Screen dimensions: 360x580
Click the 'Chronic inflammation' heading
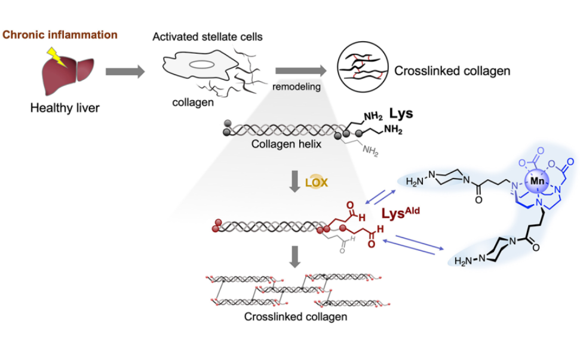pos(60,34)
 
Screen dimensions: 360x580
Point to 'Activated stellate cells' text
pos(207,37)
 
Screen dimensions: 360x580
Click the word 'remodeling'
pos(296,87)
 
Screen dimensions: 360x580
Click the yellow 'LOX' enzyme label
pos(317,183)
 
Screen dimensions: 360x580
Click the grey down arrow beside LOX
pos(294,181)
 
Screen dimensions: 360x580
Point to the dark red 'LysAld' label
pos(401,213)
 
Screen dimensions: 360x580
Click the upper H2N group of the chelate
pos(417,181)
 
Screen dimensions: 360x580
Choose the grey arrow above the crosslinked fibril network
pos(294,256)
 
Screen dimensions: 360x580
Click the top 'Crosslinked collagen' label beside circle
pos(452,72)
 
